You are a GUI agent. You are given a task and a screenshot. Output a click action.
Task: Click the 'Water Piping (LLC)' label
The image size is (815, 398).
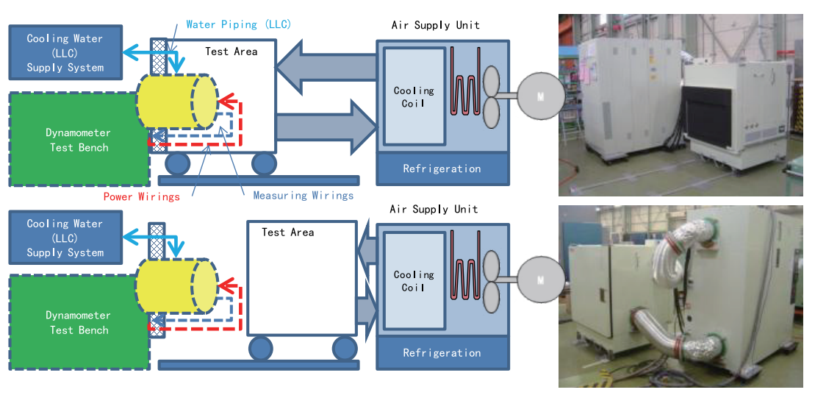click(239, 24)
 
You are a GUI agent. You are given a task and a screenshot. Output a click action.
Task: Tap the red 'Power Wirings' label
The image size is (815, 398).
click(142, 196)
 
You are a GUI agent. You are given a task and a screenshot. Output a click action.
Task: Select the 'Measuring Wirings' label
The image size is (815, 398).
click(303, 195)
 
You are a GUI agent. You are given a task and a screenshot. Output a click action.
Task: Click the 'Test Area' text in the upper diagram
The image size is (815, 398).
click(231, 51)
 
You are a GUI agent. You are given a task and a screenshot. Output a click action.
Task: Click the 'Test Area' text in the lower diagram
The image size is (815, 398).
click(287, 232)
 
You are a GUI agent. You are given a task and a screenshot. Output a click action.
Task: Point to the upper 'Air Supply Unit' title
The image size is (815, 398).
click(435, 25)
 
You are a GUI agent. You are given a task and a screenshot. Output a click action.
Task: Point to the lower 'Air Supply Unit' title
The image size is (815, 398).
click(434, 209)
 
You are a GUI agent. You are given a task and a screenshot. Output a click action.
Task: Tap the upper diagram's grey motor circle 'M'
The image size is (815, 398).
click(540, 96)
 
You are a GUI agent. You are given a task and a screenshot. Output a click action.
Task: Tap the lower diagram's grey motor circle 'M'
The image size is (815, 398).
click(540, 280)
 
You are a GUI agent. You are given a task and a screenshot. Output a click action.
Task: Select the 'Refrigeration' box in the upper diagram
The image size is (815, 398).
click(442, 169)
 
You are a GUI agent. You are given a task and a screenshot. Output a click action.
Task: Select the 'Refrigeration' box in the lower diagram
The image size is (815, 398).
click(442, 353)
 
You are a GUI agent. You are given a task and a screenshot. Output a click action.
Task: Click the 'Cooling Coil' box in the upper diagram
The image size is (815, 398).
click(414, 96)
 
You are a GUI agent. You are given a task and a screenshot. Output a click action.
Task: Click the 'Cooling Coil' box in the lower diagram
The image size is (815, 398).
click(414, 281)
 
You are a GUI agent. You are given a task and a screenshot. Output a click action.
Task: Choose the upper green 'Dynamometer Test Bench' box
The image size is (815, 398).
click(77, 140)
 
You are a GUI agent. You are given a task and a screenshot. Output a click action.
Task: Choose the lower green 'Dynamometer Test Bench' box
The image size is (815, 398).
click(77, 323)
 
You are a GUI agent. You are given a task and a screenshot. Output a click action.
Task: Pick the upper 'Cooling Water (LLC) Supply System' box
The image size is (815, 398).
click(65, 53)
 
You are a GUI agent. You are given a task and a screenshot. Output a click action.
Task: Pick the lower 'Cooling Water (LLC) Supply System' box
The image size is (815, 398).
click(65, 238)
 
